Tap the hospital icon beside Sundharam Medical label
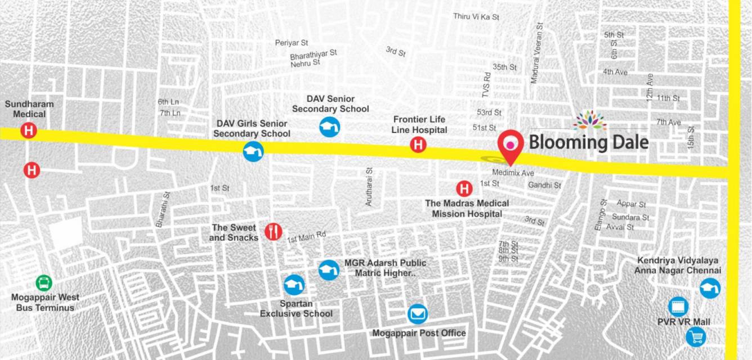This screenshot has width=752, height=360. pos(29,132)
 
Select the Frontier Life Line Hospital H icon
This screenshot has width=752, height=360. pos(418,145)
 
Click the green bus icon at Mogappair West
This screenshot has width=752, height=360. pos(43,282)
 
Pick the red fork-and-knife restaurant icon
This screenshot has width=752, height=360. pos(273,231)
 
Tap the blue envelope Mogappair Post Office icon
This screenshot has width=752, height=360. pos(417,314)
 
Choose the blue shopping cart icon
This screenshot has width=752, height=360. pos(696,336)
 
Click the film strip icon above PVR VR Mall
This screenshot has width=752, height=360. pos(678,307)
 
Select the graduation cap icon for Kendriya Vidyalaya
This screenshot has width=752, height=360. pos(710,287)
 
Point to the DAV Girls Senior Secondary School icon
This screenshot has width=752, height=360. pos(253,151)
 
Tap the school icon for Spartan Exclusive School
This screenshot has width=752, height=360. pos(294,285)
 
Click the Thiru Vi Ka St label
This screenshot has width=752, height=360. pos(476,17)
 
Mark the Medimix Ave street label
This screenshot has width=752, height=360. pos(512,173)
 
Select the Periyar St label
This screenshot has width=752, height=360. pos(292,43)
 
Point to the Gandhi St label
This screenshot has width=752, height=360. pos(544,185)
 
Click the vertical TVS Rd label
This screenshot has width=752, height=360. pos(487,85)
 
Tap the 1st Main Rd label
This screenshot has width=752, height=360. pos(306,238)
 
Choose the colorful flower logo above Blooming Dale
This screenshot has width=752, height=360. pos(589,120)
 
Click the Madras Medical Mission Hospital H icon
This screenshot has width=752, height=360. pos(464,188)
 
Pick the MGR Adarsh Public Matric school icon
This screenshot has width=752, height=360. pos(329,270)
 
